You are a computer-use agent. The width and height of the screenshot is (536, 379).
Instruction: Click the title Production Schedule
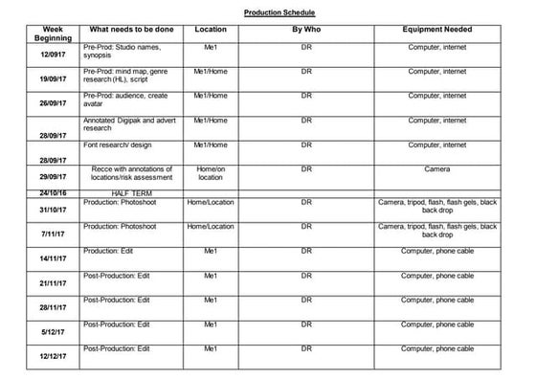pyautogui.click(x=279, y=13)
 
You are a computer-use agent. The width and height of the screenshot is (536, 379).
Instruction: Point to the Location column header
pyautogui.click(x=210, y=30)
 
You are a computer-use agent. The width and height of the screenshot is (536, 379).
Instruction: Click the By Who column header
pyautogui.click(x=305, y=30)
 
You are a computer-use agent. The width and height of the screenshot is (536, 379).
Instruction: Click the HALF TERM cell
pyautogui.click(x=130, y=193)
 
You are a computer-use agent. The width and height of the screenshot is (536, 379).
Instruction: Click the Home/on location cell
pyautogui.click(x=210, y=173)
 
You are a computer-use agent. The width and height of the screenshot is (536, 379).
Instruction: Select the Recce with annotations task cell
pyautogui.click(x=130, y=173)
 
